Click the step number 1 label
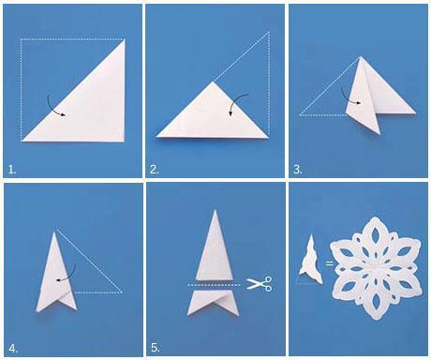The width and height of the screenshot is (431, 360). (12, 170)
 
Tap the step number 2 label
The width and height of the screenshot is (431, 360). (155, 170)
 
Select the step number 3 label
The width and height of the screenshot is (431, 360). (298, 170)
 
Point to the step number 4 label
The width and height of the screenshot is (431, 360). (13, 348)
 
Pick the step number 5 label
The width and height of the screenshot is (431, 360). (156, 348)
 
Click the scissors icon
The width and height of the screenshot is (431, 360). (260, 284)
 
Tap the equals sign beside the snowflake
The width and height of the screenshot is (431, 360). (329, 263)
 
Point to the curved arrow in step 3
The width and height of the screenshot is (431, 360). (347, 97)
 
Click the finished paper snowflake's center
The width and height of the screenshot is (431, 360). (375, 268)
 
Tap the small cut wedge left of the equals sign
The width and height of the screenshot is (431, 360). (310, 262)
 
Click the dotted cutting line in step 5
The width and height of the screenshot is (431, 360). (214, 285)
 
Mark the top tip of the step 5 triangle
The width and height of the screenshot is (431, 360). (215, 210)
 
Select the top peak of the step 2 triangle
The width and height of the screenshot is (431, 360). (214, 82)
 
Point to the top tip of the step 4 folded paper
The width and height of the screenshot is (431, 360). (55, 232)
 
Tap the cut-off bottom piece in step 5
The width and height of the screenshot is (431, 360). (213, 303)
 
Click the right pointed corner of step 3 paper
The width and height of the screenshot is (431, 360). (416, 113)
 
